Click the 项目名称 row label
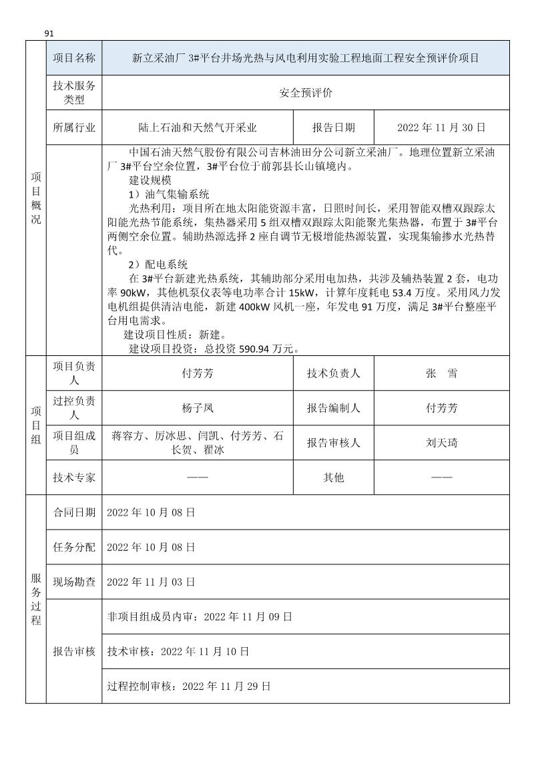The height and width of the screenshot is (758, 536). click(x=73, y=58)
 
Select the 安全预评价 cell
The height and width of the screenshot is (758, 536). click(x=305, y=93)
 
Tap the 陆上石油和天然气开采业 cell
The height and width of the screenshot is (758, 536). click(x=198, y=128)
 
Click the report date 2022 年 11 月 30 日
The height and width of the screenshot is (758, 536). click(x=441, y=128)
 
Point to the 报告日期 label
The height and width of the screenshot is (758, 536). click(x=334, y=128)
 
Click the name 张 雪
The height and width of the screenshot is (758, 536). click(x=441, y=374)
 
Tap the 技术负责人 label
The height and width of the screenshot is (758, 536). click(x=334, y=374)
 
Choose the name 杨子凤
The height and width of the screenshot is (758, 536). click(x=198, y=408)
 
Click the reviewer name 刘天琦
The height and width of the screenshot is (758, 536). click(x=441, y=443)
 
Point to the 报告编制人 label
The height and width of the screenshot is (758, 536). click(x=334, y=408)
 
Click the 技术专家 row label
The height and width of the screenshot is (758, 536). click(x=73, y=478)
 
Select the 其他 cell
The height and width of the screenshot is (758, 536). click(x=334, y=478)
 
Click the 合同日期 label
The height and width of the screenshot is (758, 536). click(x=73, y=512)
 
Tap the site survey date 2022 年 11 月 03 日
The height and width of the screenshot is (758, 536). click(x=151, y=582)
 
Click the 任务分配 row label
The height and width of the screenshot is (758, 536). click(x=73, y=547)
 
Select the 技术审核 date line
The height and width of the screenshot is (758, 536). click(x=178, y=651)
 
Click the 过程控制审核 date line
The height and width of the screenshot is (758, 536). click(x=189, y=686)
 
